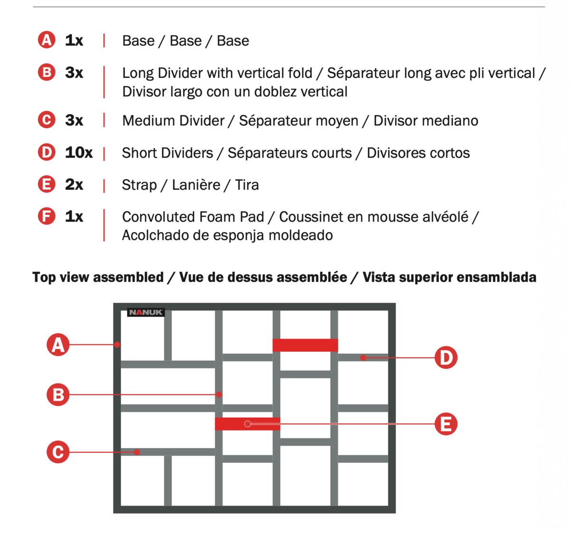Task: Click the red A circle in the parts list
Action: click(47, 40)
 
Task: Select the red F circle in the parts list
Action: click(47, 216)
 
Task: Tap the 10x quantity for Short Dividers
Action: click(79, 152)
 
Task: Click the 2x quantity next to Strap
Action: click(74, 185)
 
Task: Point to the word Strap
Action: click(140, 185)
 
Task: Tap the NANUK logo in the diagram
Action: click(146, 312)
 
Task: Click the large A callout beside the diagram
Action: click(58, 345)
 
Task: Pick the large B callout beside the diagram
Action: click(58, 394)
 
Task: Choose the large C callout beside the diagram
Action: click(58, 452)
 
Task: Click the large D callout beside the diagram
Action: click(446, 357)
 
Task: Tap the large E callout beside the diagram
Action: click(446, 424)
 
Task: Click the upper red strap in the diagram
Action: click(305, 345)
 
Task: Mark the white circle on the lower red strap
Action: click(247, 424)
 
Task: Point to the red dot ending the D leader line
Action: click(363, 357)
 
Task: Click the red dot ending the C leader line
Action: click(137, 452)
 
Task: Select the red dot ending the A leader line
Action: click(117, 345)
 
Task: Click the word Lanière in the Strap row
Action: click(196, 185)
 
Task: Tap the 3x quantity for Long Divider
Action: click(74, 72)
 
